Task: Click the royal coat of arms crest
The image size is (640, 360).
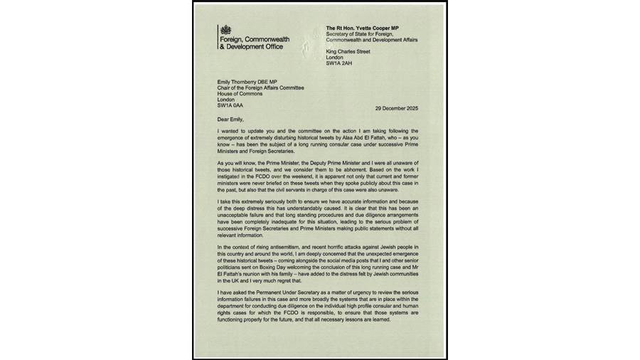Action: tap(225, 28)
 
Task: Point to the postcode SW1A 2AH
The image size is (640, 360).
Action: tap(341, 64)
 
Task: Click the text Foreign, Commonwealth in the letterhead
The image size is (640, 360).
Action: tap(252, 40)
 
